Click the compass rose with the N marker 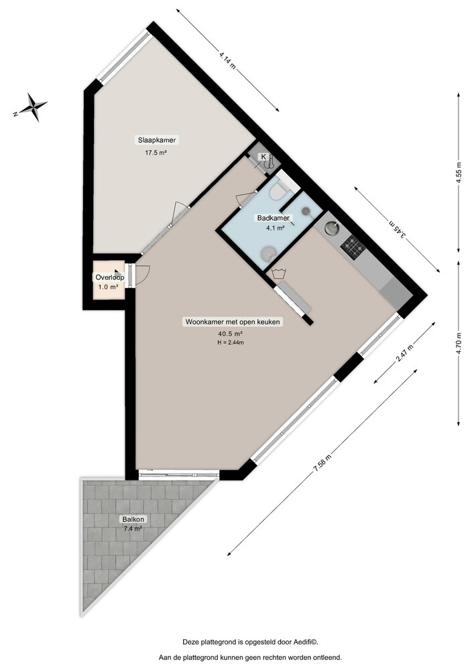(x=32, y=107)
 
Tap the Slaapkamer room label (x=157, y=141)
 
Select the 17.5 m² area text (x=156, y=153)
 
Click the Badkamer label (x=273, y=218)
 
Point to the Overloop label (x=108, y=277)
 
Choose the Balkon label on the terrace (x=133, y=519)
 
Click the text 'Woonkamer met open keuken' (x=233, y=322)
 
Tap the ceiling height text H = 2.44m (x=230, y=342)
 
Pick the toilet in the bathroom (x=278, y=193)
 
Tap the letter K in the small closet (x=263, y=157)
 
